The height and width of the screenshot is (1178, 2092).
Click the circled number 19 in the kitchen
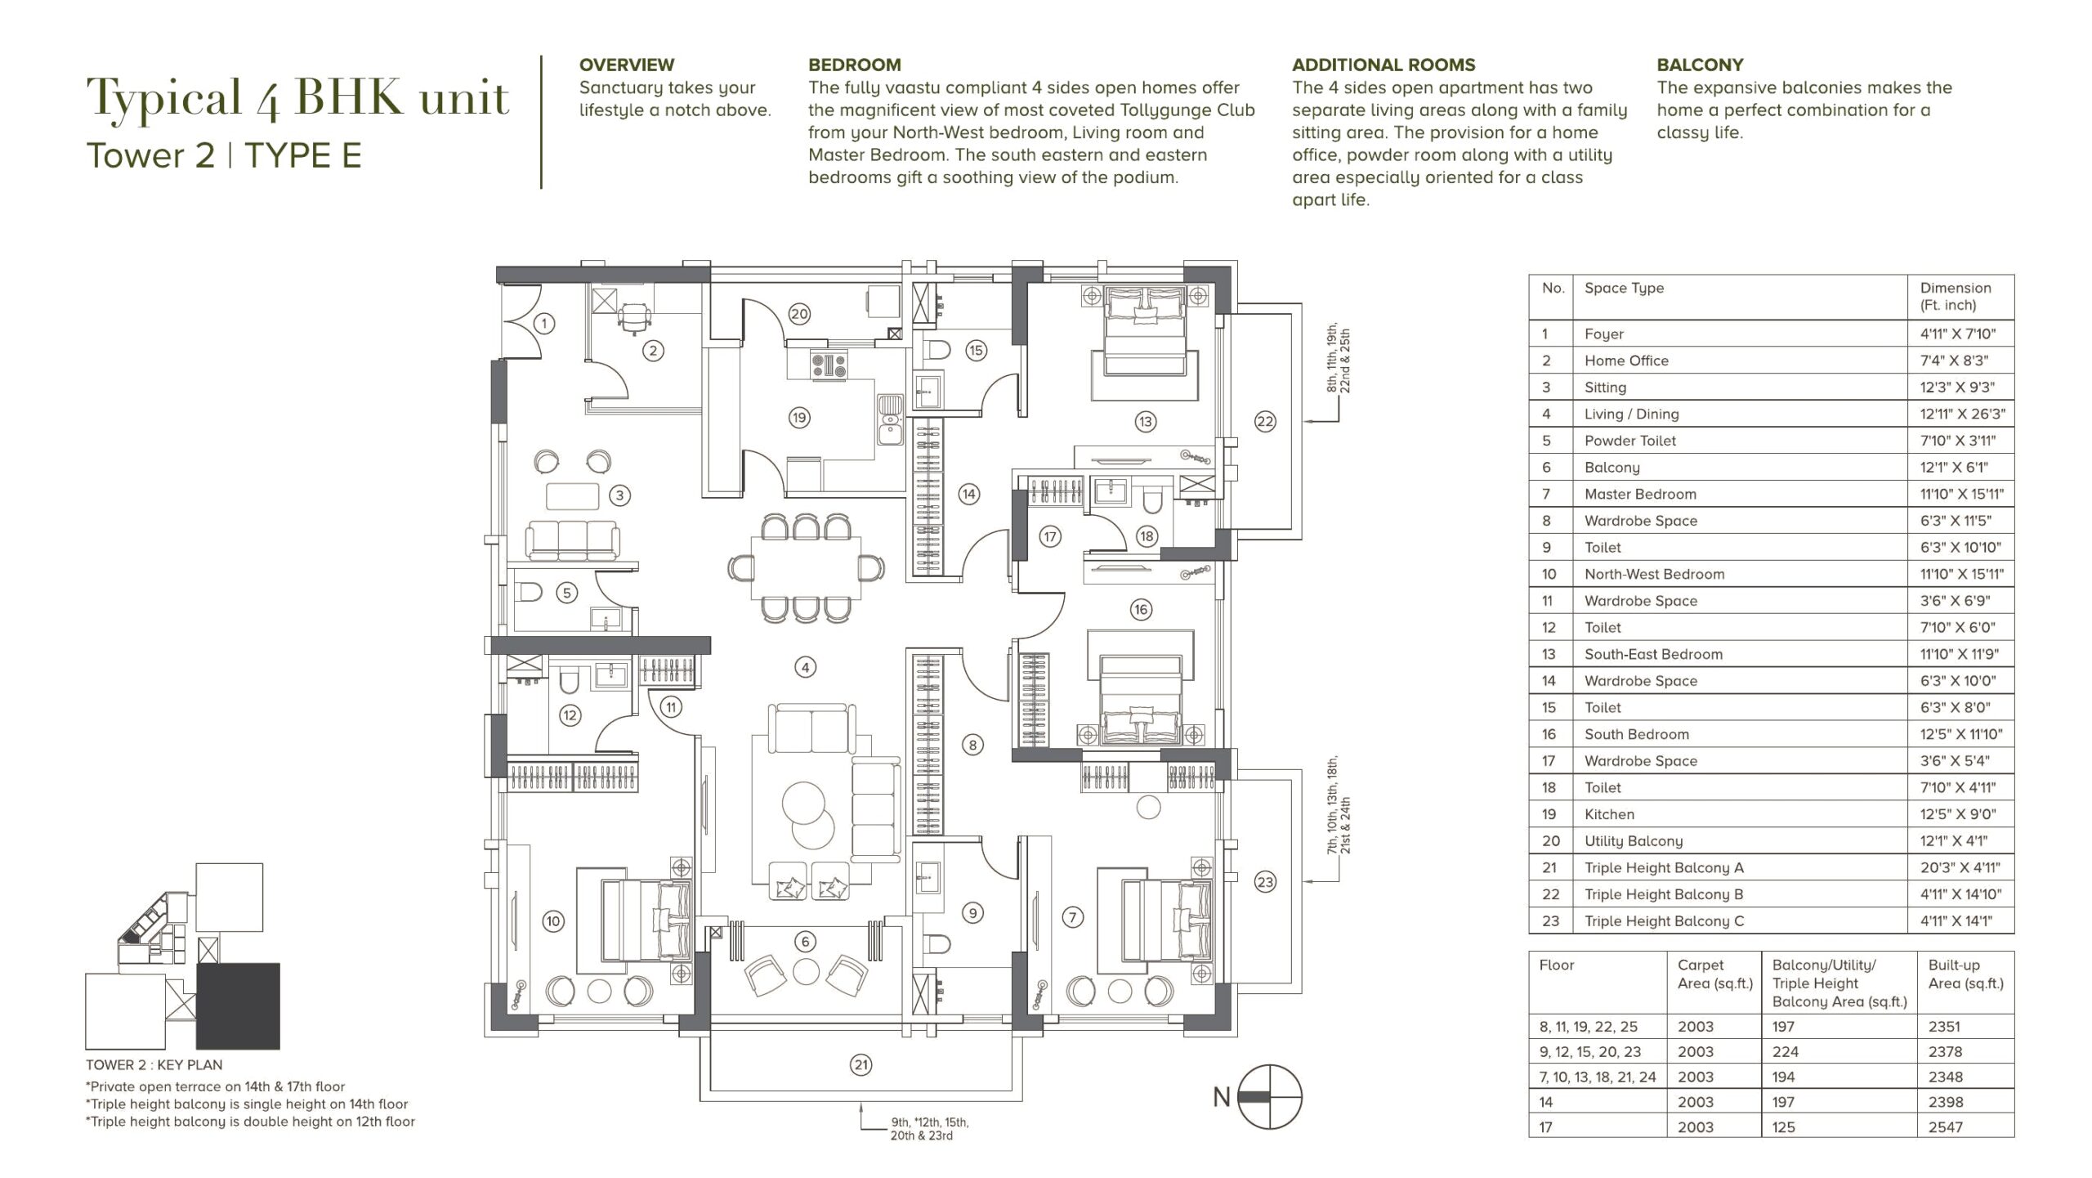click(798, 418)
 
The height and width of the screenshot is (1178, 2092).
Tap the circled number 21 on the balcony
click(861, 1064)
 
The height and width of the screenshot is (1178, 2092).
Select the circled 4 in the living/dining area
click(805, 667)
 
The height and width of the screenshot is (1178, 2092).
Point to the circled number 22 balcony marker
click(1264, 421)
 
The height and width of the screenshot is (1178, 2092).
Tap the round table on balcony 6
click(806, 971)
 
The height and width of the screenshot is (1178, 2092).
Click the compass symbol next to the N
click(1269, 1097)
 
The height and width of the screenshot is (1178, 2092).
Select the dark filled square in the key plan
click(238, 1006)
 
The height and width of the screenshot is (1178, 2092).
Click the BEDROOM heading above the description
click(855, 65)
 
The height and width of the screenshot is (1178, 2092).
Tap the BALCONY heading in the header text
click(1700, 65)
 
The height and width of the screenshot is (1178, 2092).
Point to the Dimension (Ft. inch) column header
click(1956, 296)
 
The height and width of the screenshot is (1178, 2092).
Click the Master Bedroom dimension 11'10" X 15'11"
click(1961, 494)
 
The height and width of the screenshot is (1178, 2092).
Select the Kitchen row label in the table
click(1609, 814)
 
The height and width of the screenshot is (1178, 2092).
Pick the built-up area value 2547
click(1944, 1126)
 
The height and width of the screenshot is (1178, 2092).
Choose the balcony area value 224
click(1783, 1051)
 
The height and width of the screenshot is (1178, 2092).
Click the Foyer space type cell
click(1603, 334)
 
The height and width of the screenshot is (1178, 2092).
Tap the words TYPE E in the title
click(302, 155)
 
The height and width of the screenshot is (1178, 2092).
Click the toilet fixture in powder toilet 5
click(530, 592)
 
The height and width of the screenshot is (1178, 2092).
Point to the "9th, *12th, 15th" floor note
click(929, 1122)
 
